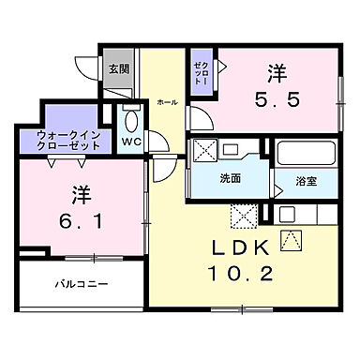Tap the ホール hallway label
click(167, 101)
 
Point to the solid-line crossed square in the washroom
click(203, 150)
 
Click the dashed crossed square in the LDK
click(244, 216)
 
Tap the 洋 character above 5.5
click(277, 71)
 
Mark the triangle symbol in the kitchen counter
click(288, 240)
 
